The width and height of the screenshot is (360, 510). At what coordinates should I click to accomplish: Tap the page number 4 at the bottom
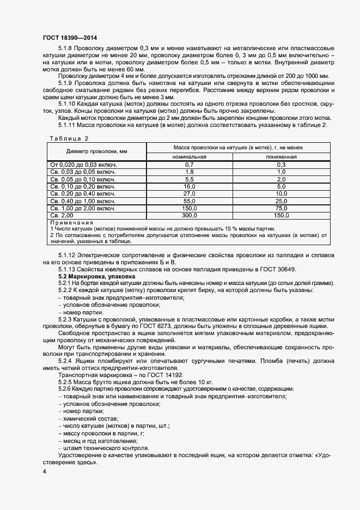point(44,471)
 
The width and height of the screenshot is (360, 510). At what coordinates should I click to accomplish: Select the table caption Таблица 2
point(69,138)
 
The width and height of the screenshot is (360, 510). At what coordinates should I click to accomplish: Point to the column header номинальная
point(190,156)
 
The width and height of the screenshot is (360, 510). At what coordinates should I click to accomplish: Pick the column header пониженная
point(282,156)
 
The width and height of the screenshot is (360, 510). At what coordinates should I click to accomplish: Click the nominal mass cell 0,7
point(190,164)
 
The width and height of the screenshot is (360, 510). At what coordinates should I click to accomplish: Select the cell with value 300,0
point(190,216)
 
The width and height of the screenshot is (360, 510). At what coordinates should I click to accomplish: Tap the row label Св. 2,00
point(61,216)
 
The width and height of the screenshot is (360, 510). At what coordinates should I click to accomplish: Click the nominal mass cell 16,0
point(190,186)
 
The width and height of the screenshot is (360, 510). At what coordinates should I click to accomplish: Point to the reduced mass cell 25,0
point(282,201)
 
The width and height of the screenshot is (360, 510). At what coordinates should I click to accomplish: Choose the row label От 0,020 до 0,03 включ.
point(83,164)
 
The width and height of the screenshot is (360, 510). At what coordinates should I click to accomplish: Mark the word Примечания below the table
point(71,222)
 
